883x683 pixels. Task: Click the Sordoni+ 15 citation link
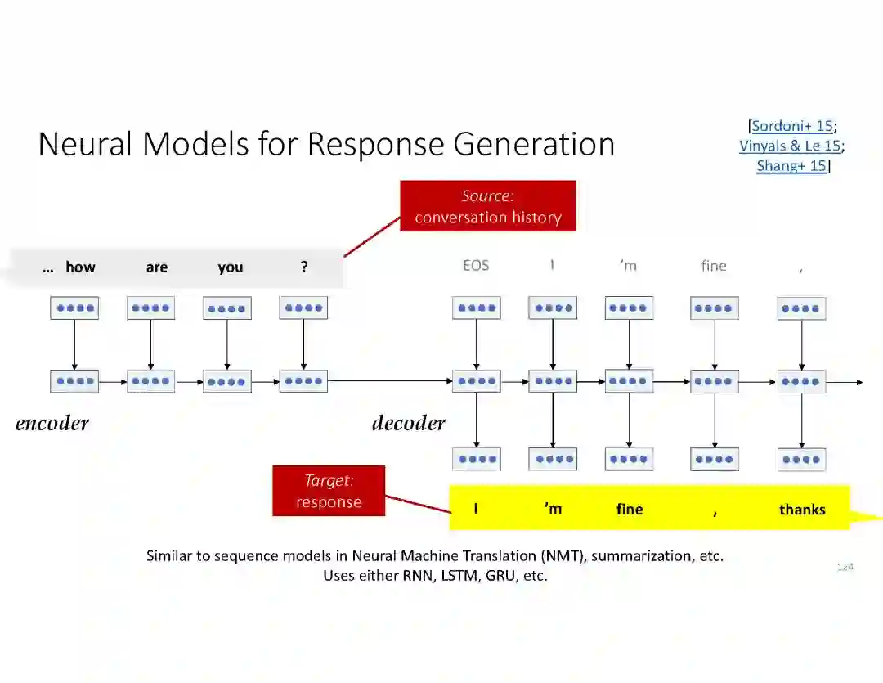click(x=791, y=126)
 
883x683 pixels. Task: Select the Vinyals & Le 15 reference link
click(x=789, y=146)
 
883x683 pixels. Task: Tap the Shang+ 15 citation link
click(x=791, y=166)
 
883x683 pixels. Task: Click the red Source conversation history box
click(x=487, y=206)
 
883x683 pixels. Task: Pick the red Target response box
click(x=329, y=492)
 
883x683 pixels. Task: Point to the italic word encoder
click(x=52, y=423)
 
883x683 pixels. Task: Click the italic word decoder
click(x=409, y=423)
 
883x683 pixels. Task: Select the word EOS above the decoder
click(x=476, y=266)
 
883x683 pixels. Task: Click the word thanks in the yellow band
click(x=802, y=509)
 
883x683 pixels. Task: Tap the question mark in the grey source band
click(x=304, y=267)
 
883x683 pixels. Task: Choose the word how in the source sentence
click(x=80, y=267)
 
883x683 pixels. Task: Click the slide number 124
click(x=845, y=566)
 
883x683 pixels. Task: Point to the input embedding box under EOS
click(x=477, y=308)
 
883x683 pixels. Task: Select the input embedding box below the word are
click(x=150, y=308)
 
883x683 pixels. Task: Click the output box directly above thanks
click(x=801, y=459)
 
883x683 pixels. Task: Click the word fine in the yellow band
click(x=630, y=509)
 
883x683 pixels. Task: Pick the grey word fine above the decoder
click(x=714, y=266)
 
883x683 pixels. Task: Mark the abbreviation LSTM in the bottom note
click(x=460, y=575)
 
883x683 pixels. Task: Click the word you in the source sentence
click(x=231, y=267)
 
